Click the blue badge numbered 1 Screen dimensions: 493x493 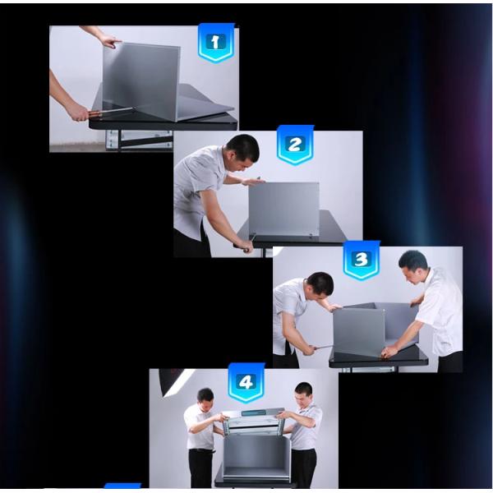click(216, 43)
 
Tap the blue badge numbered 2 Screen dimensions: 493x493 click(295, 145)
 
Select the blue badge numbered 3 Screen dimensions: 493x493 click(361, 260)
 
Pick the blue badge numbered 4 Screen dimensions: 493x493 click(246, 382)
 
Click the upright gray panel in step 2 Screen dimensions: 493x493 click(284, 210)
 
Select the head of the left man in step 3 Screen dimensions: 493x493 click(320, 288)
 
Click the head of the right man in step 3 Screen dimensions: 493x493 click(412, 265)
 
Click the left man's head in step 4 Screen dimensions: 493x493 click(205, 399)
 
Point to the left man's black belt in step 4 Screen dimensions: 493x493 click(201, 450)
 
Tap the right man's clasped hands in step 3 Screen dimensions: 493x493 click(390, 351)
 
